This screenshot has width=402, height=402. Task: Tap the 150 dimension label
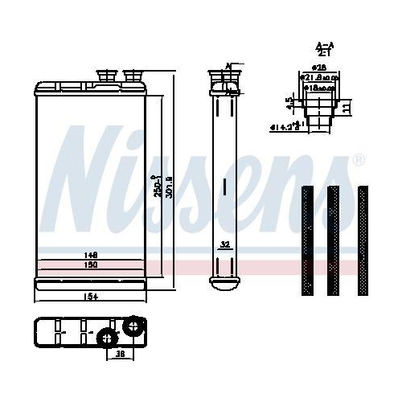pyautogui.click(x=91, y=264)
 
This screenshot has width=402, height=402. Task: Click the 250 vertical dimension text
pyautogui.click(x=158, y=186)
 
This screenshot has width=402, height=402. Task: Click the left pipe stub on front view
pyautogui.click(x=104, y=76)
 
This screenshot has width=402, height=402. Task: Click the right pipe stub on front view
pyautogui.click(x=132, y=76)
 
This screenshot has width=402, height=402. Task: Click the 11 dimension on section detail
pyautogui.click(x=346, y=108)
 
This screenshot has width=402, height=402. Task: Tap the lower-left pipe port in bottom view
pyautogui.click(x=106, y=339)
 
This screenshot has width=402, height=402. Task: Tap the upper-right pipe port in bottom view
pyautogui.click(x=132, y=326)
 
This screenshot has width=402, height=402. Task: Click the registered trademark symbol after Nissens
pyautogui.click(x=359, y=158)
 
